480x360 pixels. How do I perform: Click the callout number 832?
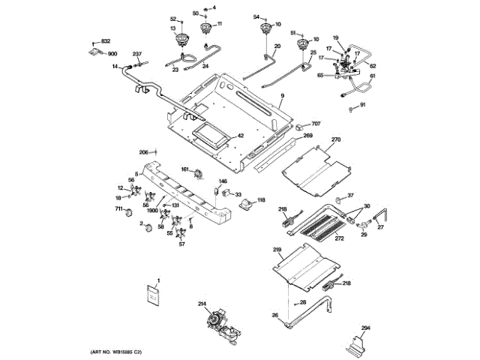click(106, 40)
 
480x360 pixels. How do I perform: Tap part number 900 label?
click(112, 54)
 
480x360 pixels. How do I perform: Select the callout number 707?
click(316, 123)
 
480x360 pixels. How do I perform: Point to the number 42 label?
click(241, 136)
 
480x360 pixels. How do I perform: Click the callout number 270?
click(336, 140)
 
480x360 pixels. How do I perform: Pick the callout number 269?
click(307, 136)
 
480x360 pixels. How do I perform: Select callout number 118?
click(261, 199)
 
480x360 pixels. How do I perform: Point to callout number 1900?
click(153, 212)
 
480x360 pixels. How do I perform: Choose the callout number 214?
click(202, 304)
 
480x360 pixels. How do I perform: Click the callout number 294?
click(366, 328)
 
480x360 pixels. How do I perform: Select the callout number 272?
click(339, 238)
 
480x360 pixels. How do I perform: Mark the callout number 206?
click(144, 152)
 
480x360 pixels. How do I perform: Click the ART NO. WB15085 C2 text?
click(116, 352)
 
